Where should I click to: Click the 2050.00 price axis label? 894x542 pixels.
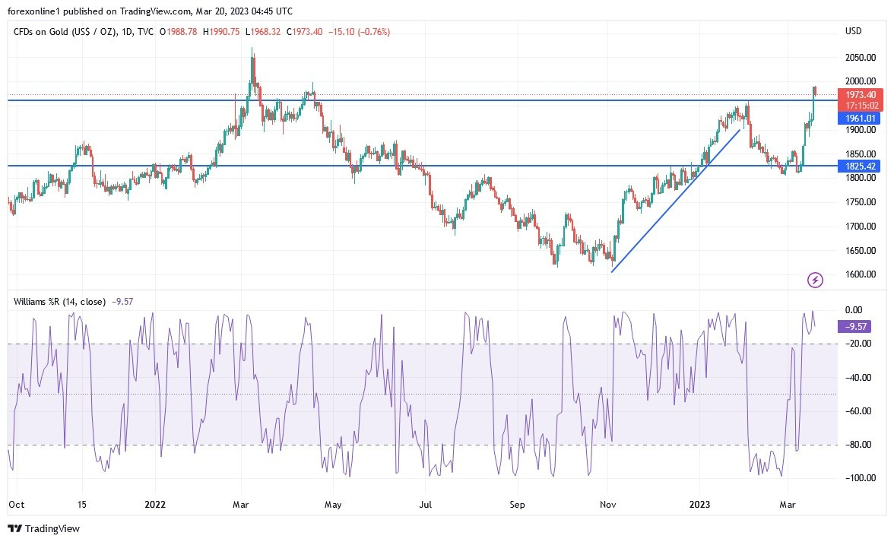[x=861, y=57]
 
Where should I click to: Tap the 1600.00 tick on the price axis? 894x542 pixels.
[x=861, y=274]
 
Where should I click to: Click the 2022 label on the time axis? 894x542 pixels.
[x=154, y=503]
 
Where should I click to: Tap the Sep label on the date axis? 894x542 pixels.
[x=517, y=503]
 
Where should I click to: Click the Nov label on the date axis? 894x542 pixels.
[x=608, y=503]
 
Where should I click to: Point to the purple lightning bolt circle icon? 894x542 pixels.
[x=815, y=281]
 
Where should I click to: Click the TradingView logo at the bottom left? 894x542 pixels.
[x=43, y=528]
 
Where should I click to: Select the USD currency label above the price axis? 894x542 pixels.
[x=853, y=31]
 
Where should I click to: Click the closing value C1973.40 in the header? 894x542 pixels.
[x=306, y=31]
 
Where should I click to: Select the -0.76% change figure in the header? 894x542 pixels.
[x=373, y=31]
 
